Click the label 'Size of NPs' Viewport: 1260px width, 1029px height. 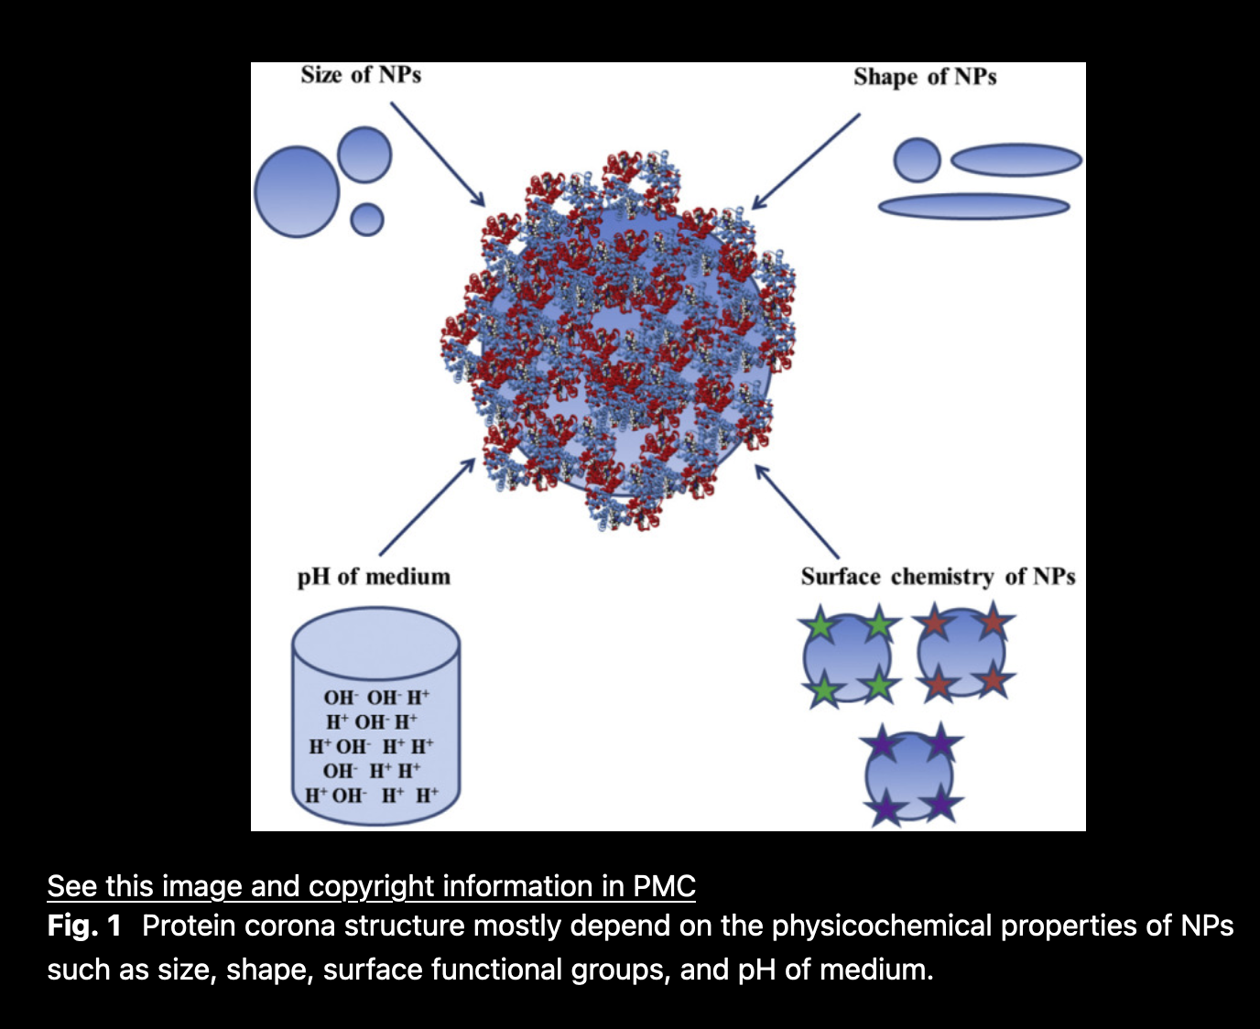361,75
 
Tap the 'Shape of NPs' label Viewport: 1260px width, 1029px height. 925,78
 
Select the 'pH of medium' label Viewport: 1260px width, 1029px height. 374,578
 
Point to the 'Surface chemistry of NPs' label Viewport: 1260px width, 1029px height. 938,577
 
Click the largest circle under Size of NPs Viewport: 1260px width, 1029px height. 297,191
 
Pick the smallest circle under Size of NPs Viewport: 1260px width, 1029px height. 367,219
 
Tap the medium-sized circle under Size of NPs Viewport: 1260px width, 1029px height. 364,155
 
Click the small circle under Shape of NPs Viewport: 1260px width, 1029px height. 917,160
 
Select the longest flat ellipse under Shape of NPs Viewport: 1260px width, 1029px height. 973,207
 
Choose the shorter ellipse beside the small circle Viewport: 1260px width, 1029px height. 1016,160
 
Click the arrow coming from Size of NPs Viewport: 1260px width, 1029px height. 438,154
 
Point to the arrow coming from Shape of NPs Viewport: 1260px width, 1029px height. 805,161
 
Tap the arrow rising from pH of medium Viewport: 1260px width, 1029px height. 427,507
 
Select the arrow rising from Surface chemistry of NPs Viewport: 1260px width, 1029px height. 797,511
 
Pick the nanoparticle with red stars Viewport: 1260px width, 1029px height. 962,653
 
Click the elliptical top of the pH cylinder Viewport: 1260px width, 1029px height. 375,644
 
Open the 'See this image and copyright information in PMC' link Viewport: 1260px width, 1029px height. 372,885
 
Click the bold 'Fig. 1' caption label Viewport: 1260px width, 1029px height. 84,926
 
